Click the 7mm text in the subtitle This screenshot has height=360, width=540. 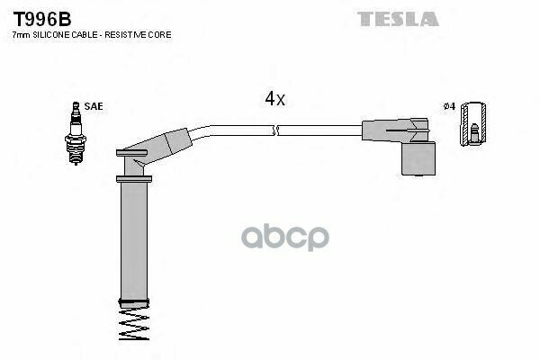(x=20, y=34)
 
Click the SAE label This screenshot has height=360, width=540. (x=94, y=106)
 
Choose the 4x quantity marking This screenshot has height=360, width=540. (x=274, y=99)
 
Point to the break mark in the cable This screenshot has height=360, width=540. (x=277, y=131)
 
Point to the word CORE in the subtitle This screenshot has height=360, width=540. (x=161, y=34)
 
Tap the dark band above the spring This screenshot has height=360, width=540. (x=132, y=301)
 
